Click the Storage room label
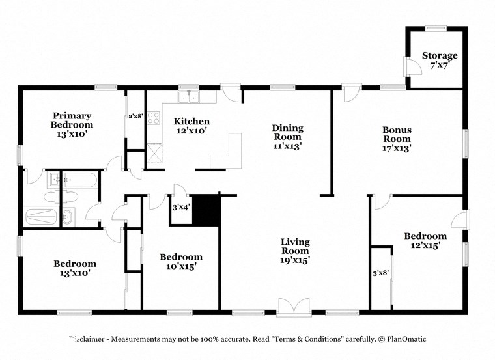pos(440,55)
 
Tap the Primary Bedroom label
pos(72,120)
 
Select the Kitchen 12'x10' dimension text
pos(191,130)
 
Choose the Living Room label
pos(295,246)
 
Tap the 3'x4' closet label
pos(180,208)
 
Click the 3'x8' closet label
pos(380,273)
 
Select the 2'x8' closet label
pos(135,116)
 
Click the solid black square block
pos(208,210)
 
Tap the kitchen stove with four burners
pos(154,118)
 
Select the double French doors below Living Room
pos(294,307)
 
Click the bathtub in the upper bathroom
pos(80,180)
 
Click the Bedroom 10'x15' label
pos(181,261)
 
